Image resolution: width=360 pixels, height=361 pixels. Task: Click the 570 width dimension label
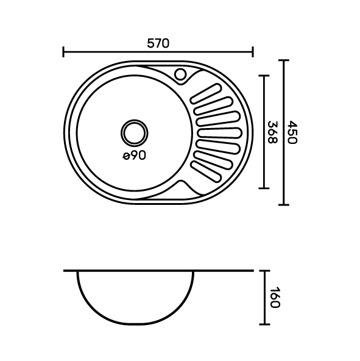click(158, 43)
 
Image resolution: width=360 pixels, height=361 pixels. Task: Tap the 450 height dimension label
click(292, 132)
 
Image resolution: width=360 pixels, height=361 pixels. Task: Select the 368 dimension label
click(273, 132)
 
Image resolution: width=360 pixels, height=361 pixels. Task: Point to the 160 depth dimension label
click(275, 297)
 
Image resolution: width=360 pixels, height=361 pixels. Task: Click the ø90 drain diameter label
click(135, 155)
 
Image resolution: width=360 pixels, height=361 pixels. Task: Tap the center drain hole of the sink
click(135, 133)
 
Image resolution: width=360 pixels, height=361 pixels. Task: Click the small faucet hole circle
click(180, 74)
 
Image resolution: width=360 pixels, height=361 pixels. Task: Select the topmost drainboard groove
click(206, 93)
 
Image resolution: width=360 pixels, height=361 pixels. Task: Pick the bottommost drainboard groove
click(206, 172)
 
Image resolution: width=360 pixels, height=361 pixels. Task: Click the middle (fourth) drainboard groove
click(219, 133)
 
